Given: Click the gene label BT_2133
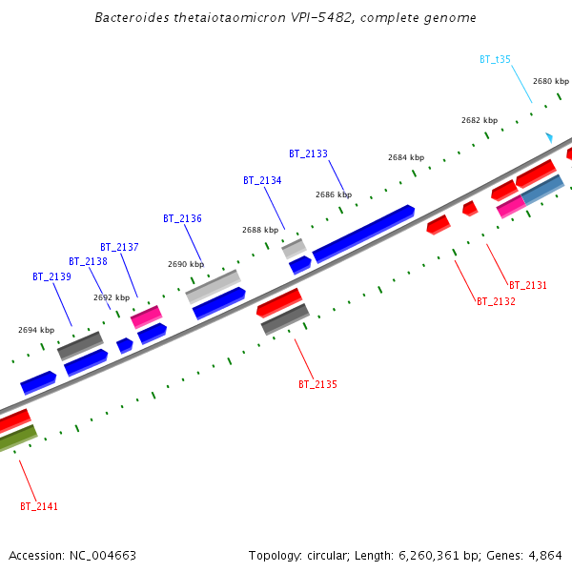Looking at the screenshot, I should coord(308,153).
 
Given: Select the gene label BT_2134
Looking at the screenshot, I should coord(262,180).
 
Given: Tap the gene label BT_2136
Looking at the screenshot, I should coord(182,218).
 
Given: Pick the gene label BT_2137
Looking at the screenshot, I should coord(119,247).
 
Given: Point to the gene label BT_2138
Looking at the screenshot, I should coord(88,261).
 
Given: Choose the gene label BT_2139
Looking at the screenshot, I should coord(51,276).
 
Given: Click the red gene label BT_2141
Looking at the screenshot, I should coord(39,506).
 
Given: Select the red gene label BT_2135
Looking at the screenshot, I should coord(317,384).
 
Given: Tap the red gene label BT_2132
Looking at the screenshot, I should coord(496,301).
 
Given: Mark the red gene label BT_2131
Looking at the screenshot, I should coord(528,285).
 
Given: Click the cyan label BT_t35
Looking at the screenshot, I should coord(495,59).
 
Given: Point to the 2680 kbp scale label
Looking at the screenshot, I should coord(551,81).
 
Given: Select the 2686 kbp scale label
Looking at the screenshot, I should coord(334,194).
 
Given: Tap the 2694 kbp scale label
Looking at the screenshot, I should coord(36,330).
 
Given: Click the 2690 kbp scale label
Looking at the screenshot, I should coord(186,264).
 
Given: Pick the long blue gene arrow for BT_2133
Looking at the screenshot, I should coord(363,233).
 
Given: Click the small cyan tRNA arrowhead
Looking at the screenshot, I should coord(548,137).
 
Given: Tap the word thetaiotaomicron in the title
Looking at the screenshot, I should coord(207,18).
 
